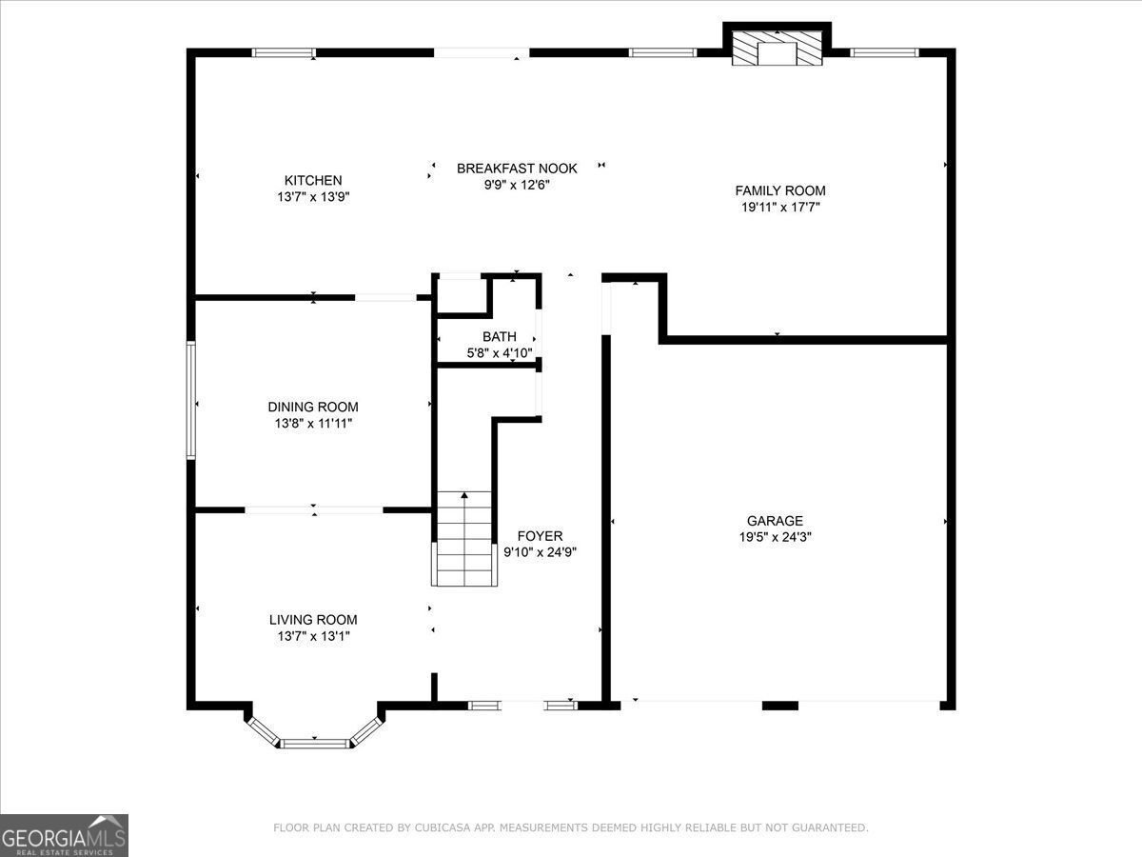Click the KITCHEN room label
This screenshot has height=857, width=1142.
coord(313,180)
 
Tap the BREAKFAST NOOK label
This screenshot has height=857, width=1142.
coord(517,169)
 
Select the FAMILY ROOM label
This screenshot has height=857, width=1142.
coord(779,190)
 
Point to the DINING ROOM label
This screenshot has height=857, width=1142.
coord(313,407)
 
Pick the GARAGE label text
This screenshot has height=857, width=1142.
coord(775,521)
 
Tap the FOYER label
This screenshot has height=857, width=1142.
coord(540,536)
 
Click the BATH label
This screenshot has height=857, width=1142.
coord(500,336)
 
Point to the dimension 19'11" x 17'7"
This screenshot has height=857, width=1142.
coord(779,207)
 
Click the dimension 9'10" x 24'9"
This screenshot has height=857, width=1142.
coord(540,552)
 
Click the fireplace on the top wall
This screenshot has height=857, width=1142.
coord(778,48)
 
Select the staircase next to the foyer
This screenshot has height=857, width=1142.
coord(464,539)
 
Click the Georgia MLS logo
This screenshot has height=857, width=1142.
coord(64,835)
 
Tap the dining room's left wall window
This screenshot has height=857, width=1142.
coord(191,401)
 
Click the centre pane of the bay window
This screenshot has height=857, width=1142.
coord(314,743)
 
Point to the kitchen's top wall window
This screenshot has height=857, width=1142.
coord(283,52)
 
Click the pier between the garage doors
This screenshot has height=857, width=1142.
coord(780,706)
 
